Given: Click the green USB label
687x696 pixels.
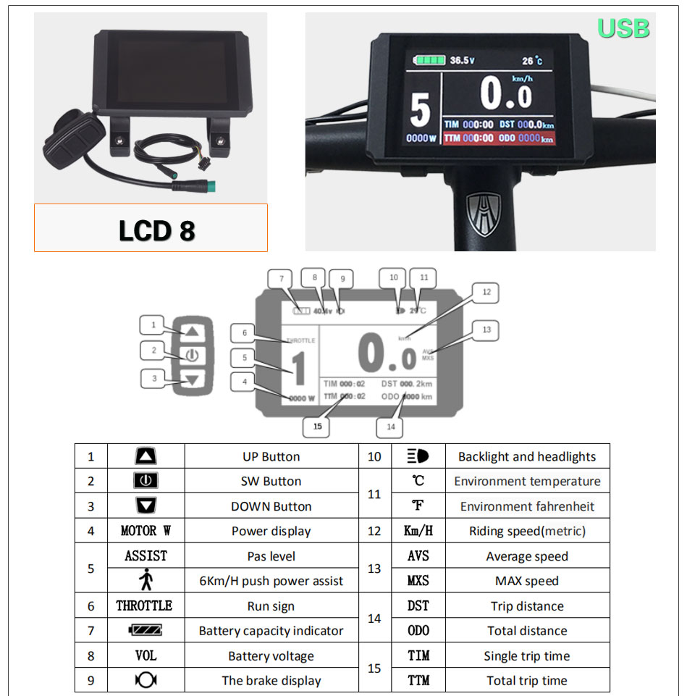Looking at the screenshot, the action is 623,28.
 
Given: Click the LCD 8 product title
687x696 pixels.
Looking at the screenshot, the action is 157,230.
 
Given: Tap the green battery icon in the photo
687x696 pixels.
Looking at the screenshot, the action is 428,60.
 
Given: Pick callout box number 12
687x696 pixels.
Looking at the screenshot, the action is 486,293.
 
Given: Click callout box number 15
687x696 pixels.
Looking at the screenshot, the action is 317,427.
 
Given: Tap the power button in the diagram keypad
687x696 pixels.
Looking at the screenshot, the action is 191,355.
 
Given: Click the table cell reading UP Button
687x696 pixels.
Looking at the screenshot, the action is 271,457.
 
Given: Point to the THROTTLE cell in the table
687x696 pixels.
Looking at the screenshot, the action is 145,606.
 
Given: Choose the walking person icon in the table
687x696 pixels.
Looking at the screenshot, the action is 145,580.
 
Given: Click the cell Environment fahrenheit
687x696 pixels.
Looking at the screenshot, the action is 527,506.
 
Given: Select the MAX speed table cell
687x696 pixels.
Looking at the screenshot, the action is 527,581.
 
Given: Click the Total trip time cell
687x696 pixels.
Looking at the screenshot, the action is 527,680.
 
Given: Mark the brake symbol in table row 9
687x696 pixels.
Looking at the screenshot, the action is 146,680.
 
